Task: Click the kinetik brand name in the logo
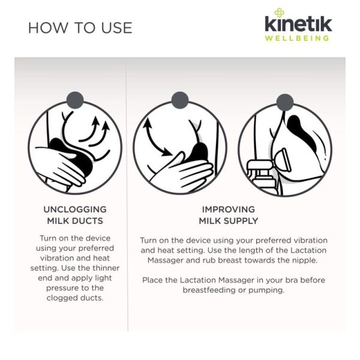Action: (x=298, y=23)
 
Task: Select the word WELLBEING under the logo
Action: (x=297, y=38)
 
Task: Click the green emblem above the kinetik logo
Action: (x=279, y=13)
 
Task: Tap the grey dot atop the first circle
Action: (x=75, y=100)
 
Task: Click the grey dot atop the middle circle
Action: (x=180, y=100)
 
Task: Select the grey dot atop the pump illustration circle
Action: (x=285, y=103)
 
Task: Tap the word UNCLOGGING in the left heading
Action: (x=75, y=209)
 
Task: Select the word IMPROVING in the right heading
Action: (x=229, y=209)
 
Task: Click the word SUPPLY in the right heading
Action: (x=241, y=221)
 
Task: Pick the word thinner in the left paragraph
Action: (x=106, y=268)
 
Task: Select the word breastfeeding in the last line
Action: (x=209, y=290)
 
